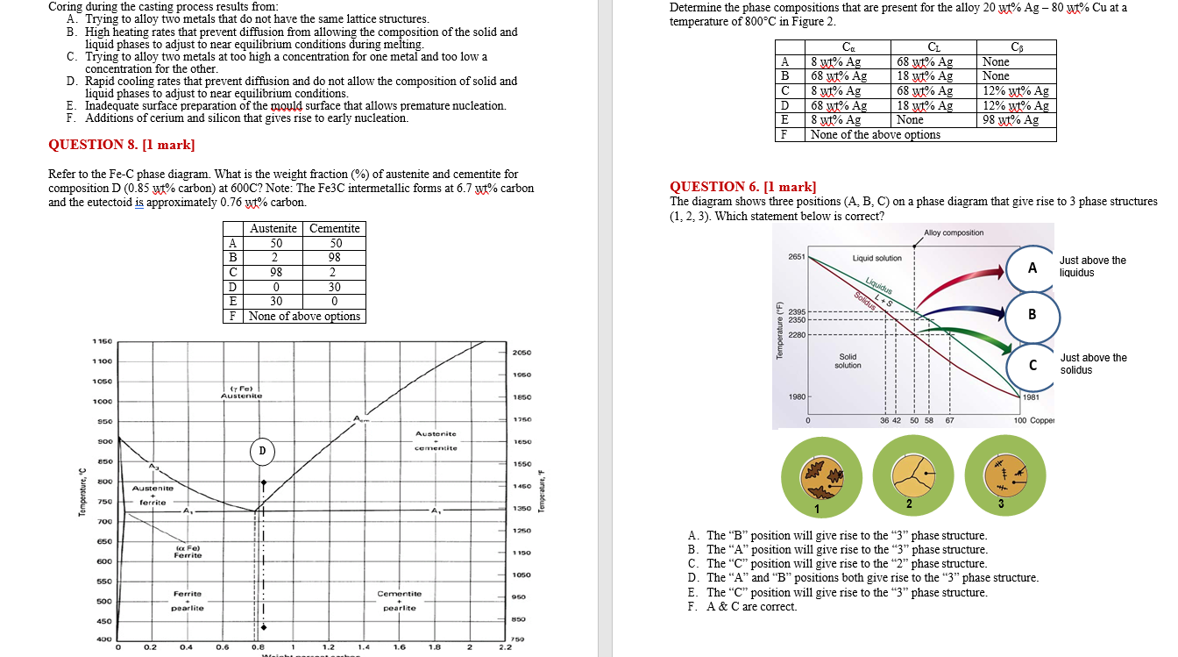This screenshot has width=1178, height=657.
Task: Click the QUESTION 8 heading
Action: click(122, 145)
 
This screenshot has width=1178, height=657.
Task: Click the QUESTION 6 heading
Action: click(742, 186)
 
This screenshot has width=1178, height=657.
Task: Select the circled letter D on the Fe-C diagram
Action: click(261, 451)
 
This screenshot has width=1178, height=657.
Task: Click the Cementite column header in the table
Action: click(334, 228)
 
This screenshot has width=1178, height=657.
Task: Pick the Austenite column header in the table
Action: click(273, 228)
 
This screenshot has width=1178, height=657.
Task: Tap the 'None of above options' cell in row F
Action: click(303, 316)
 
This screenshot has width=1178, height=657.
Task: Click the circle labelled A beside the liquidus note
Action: click(1033, 268)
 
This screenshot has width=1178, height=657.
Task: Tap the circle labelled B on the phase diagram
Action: click(1032, 314)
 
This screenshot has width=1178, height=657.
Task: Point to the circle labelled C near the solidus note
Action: click(1033, 364)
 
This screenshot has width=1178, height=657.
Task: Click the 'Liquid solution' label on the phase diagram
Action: click(876, 258)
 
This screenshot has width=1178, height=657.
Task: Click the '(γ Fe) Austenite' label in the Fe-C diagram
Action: click(241, 392)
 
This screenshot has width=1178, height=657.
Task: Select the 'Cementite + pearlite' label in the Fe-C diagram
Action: click(399, 601)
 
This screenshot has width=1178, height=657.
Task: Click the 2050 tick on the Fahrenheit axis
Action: click(521, 353)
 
